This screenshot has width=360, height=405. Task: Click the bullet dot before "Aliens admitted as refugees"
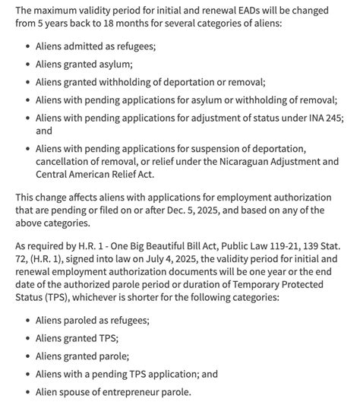click(28, 46)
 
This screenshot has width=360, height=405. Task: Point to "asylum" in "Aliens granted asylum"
click(113, 65)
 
